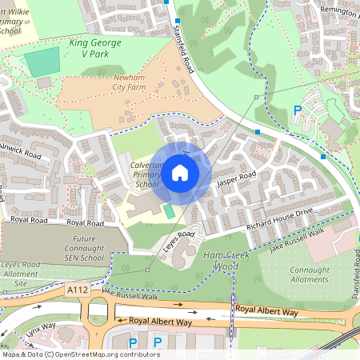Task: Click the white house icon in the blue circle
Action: tap(180, 172)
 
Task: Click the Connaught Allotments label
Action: tap(310, 275)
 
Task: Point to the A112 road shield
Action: tap(76, 291)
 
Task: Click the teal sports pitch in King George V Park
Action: tap(42, 62)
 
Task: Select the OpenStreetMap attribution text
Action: tap(70, 354)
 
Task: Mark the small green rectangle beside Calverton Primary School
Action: tap(168, 210)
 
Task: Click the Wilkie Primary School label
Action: tap(16, 17)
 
